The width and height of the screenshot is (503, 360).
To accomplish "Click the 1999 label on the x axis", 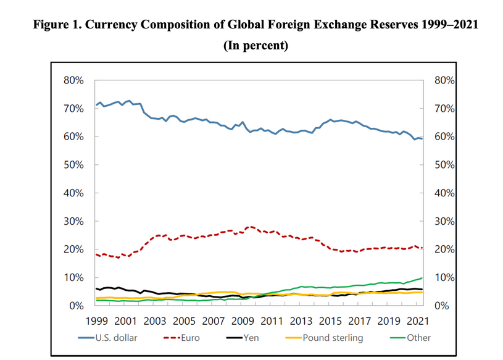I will point(96,321).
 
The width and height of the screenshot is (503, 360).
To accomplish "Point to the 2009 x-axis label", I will point(243,321).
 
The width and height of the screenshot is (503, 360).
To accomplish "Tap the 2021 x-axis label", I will point(420,321).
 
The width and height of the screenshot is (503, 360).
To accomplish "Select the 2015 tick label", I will point(331,321).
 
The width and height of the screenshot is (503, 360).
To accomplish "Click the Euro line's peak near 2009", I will point(249,227).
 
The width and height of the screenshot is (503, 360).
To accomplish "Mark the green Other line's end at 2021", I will point(422,278).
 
